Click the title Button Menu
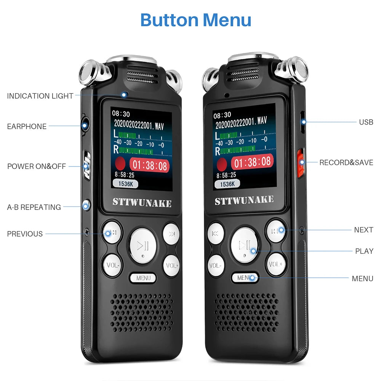coord(195,20)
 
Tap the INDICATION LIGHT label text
coord(40,96)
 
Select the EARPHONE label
coord(27,126)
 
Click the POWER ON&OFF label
coord(37,166)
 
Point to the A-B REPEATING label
coord(34,207)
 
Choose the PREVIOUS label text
coord(25,234)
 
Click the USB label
coord(366,122)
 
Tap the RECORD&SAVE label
coord(346,163)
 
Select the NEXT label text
coord(363,230)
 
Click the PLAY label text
coord(364,251)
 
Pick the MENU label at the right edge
coord(362,279)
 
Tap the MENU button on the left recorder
coord(143,278)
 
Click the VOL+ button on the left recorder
coord(171,265)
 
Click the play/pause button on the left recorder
coord(143,245)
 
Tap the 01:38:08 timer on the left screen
coord(149,165)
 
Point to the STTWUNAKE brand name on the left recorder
coord(142,202)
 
